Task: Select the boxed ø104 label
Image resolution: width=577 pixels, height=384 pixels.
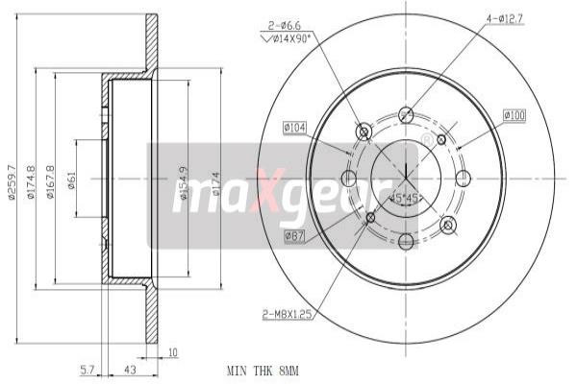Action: coord(295,128)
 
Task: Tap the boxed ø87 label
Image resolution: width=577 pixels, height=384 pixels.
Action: coord(294,235)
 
